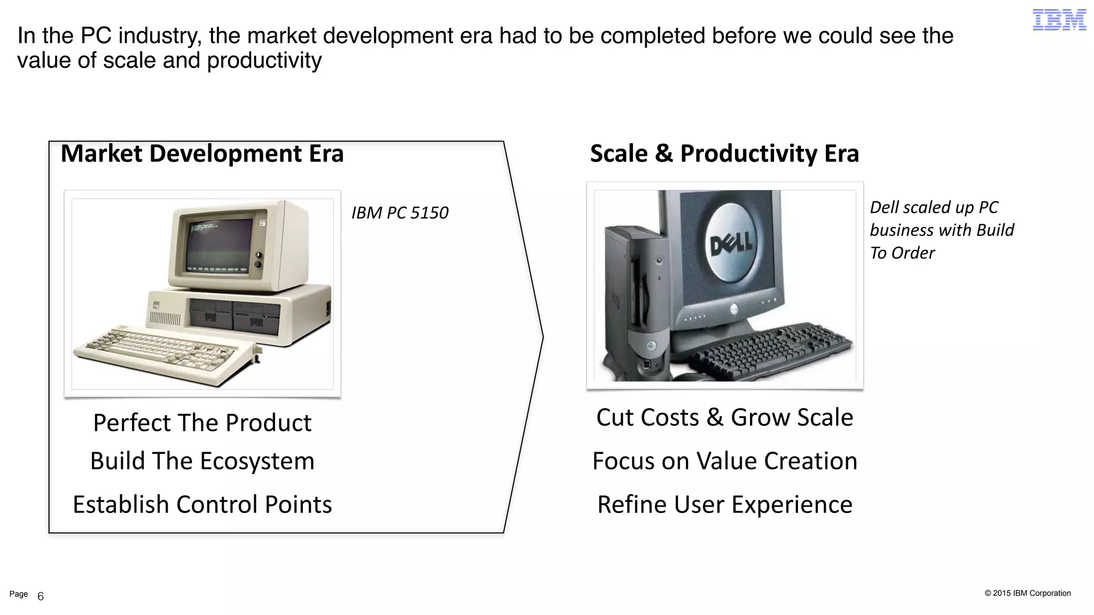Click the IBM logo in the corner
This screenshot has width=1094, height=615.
[1059, 20]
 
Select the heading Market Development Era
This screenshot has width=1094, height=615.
[202, 154]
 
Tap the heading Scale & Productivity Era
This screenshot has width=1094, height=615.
[724, 154]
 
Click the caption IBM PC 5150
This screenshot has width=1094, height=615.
[400, 212]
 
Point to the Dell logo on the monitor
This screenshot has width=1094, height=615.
[731, 243]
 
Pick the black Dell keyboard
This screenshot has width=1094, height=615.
[769, 350]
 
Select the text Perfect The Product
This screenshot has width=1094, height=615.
[202, 423]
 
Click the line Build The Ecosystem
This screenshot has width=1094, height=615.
[202, 461]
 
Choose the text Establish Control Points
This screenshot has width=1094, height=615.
[202, 504]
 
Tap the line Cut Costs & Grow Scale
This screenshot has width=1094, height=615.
[724, 417]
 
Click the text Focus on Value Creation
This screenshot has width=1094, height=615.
[724, 461]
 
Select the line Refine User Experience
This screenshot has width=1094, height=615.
[724, 504]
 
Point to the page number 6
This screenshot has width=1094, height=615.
[41, 596]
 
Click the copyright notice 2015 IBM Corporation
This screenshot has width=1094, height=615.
[1028, 593]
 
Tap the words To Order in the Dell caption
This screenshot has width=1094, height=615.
[902, 253]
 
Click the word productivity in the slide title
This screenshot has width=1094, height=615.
[264, 61]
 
